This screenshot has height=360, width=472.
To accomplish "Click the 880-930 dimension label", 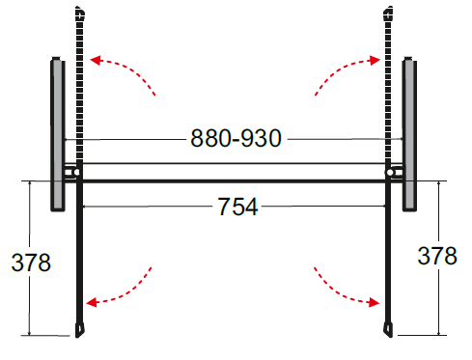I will [x=235, y=139].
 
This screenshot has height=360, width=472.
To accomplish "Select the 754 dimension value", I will [x=237, y=207].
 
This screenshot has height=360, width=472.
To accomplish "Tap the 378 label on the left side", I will [x=31, y=262].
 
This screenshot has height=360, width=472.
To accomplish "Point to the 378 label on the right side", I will [x=438, y=257].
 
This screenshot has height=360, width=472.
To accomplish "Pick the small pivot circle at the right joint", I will [x=390, y=173].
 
